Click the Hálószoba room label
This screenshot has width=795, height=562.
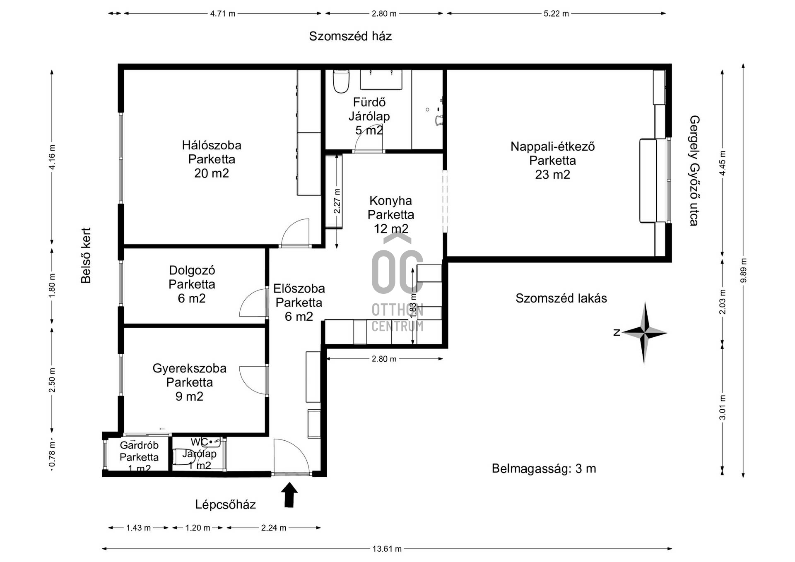point(212,145)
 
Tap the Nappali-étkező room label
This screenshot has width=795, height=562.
point(552,147)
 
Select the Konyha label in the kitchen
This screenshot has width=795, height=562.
point(390,201)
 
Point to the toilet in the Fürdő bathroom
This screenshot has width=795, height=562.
point(341,81)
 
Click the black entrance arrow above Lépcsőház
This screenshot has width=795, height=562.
point(289,495)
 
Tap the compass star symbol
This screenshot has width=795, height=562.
point(644,332)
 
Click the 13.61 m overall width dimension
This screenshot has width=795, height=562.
point(387,549)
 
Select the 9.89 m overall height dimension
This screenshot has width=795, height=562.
point(743,271)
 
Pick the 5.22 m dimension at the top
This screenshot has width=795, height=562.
point(556,13)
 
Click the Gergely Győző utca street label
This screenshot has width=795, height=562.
point(694,171)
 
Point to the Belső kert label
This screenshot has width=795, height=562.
point(86,255)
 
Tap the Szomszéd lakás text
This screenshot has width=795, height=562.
point(561,298)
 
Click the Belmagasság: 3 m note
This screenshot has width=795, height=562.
point(544,468)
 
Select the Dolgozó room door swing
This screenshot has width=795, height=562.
point(253,303)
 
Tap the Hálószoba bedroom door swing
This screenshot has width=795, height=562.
point(295,233)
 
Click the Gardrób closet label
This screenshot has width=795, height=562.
point(139,445)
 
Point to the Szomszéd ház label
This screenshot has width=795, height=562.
point(350,36)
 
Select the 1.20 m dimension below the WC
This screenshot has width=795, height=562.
point(198,528)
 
